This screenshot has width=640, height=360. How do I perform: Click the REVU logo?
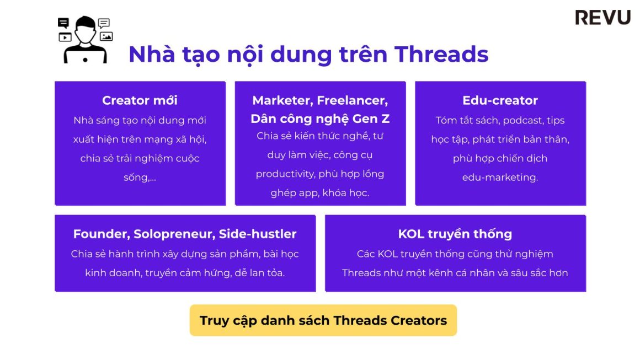click(x=602, y=17)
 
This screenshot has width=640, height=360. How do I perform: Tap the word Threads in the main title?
click(x=441, y=55)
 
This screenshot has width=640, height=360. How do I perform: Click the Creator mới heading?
click(x=140, y=100)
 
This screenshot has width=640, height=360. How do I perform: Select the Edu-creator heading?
click(x=500, y=100)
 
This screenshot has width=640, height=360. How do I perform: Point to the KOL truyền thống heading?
click(x=455, y=234)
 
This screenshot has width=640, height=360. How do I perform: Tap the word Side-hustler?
click(x=258, y=234)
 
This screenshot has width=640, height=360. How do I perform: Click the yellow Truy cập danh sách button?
click(x=323, y=320)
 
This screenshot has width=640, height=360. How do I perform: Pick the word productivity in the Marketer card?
click(x=283, y=174)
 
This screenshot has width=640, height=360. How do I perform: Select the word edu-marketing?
click(x=500, y=177)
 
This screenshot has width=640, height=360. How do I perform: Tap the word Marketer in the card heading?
click(x=281, y=100)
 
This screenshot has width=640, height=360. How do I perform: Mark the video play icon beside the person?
click(x=65, y=37)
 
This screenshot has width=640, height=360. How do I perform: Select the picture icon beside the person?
click(x=106, y=36)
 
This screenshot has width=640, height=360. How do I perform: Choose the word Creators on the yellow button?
click(x=419, y=320)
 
